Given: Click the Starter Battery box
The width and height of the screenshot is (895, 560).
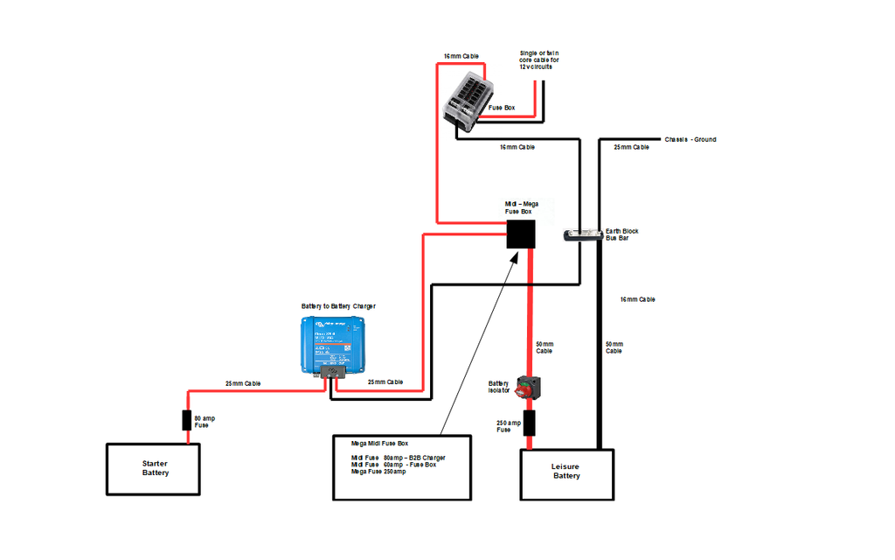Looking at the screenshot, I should [x=155, y=468].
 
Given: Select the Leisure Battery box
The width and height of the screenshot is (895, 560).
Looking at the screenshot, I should [x=566, y=473].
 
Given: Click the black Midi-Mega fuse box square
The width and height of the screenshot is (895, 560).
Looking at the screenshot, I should [x=521, y=234].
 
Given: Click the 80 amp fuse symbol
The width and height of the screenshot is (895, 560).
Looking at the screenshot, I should [x=186, y=420].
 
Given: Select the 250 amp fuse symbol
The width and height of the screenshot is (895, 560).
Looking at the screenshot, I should [x=529, y=424].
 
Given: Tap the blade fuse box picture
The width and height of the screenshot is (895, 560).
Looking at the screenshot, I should [x=468, y=104].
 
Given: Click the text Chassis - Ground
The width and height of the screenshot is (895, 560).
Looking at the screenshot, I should [x=690, y=139].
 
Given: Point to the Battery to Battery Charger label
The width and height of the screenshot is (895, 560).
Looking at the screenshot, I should [x=338, y=306].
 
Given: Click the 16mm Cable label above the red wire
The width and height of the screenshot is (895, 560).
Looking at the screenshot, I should [x=461, y=56].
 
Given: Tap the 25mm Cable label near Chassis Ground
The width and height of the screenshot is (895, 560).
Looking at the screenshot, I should [x=631, y=147].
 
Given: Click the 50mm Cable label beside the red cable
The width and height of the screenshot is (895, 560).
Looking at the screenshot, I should [x=544, y=346].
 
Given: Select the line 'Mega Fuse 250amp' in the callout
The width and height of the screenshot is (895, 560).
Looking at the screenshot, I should [x=378, y=472].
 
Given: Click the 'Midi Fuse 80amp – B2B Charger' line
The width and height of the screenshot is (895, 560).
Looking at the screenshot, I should [x=398, y=458].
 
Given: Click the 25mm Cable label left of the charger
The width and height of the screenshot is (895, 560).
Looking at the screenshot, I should [x=243, y=383].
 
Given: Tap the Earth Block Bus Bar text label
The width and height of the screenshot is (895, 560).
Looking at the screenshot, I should [x=621, y=234].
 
